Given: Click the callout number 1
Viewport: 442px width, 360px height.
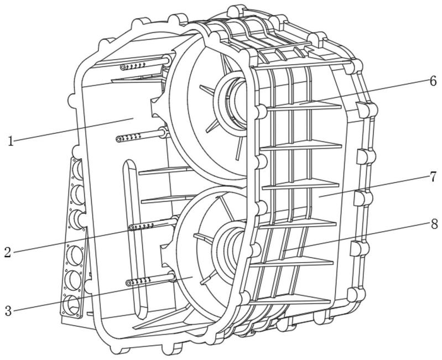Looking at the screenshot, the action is [11, 141].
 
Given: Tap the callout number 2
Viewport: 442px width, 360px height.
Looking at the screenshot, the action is [8, 252].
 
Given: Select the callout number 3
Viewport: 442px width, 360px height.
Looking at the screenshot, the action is [8, 311].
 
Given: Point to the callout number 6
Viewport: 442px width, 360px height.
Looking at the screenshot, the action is [433, 81].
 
